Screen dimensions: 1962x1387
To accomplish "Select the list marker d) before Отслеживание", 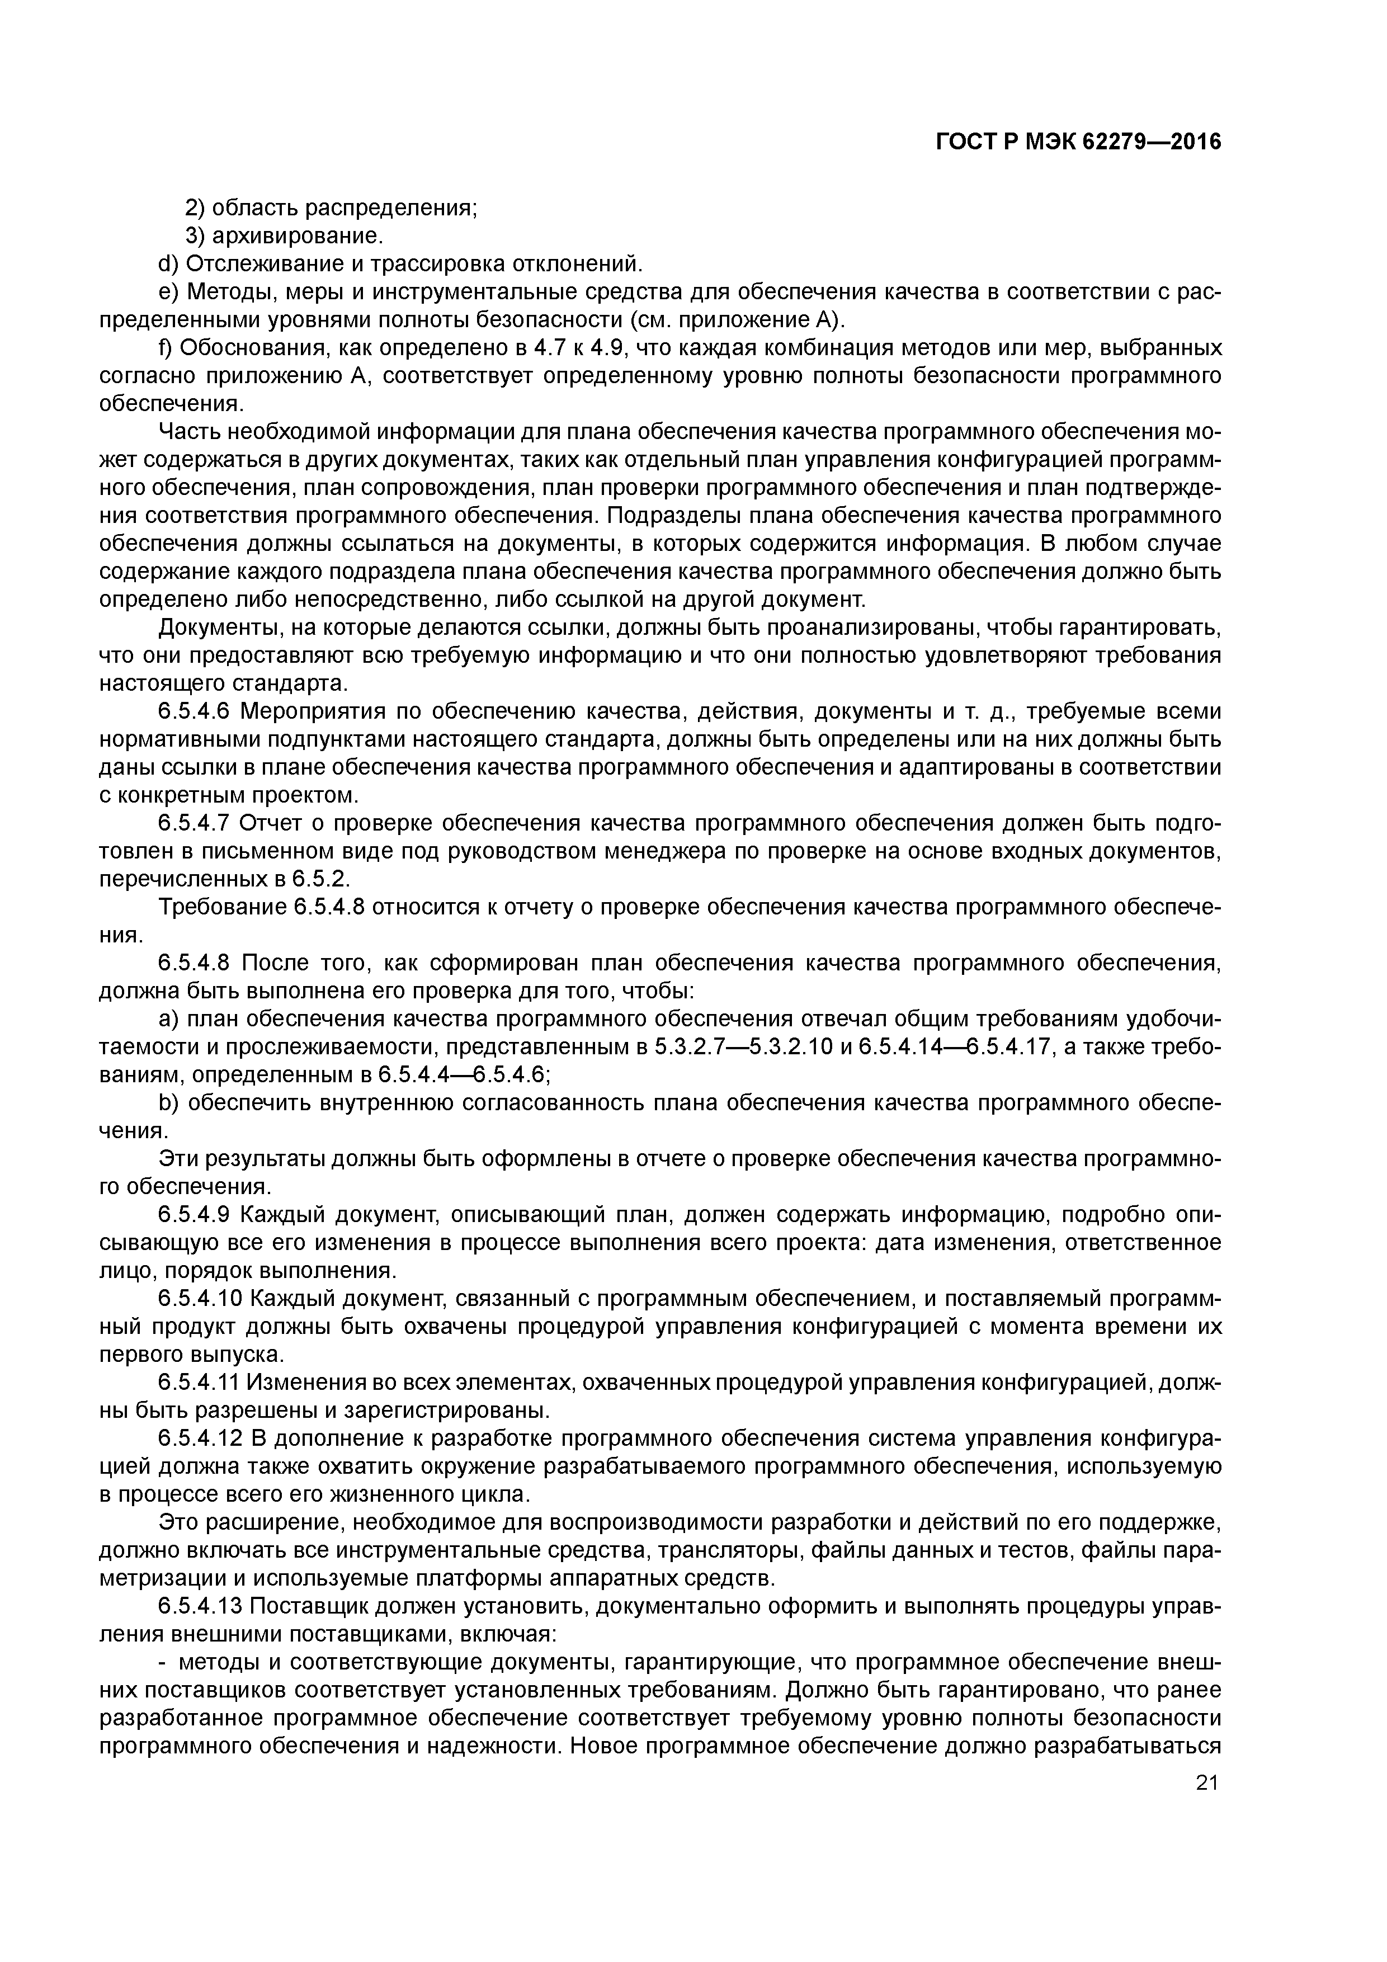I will tap(169, 263).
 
